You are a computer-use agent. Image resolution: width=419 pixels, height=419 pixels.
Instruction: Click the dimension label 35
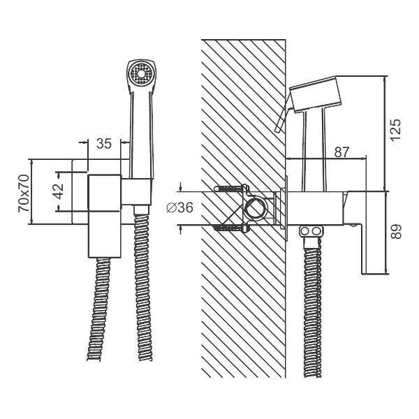click(x=103, y=143)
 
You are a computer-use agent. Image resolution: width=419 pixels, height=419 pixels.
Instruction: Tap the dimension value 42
click(x=58, y=191)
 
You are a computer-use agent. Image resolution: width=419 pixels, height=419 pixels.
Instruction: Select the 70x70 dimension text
click(x=24, y=193)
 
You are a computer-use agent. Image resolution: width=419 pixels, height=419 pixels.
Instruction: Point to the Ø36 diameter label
click(x=179, y=207)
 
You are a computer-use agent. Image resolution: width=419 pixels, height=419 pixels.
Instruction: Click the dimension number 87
click(x=341, y=152)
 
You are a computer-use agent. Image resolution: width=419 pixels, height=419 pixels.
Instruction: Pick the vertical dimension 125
click(x=395, y=129)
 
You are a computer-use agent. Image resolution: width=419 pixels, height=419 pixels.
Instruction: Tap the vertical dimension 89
click(x=396, y=231)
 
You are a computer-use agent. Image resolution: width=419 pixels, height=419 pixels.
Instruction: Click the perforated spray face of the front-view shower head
click(x=140, y=74)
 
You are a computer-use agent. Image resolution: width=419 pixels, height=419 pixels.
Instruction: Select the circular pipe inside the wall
click(x=256, y=208)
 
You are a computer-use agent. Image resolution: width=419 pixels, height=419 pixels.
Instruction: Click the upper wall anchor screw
click(x=231, y=189)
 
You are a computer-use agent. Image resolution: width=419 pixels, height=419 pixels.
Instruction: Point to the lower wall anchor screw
click(x=231, y=228)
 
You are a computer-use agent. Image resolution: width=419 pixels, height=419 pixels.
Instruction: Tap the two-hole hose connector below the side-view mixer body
click(x=311, y=231)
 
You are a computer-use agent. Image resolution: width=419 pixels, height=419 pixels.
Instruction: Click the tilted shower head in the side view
click(x=316, y=94)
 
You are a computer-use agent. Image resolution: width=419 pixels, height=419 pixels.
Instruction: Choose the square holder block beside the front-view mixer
click(x=136, y=191)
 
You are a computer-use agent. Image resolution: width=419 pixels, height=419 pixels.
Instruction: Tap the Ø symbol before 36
click(x=171, y=207)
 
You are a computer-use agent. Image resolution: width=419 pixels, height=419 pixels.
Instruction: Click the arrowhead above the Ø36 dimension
click(x=181, y=187)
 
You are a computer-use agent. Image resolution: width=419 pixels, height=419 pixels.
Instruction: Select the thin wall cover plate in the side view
click(x=286, y=208)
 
